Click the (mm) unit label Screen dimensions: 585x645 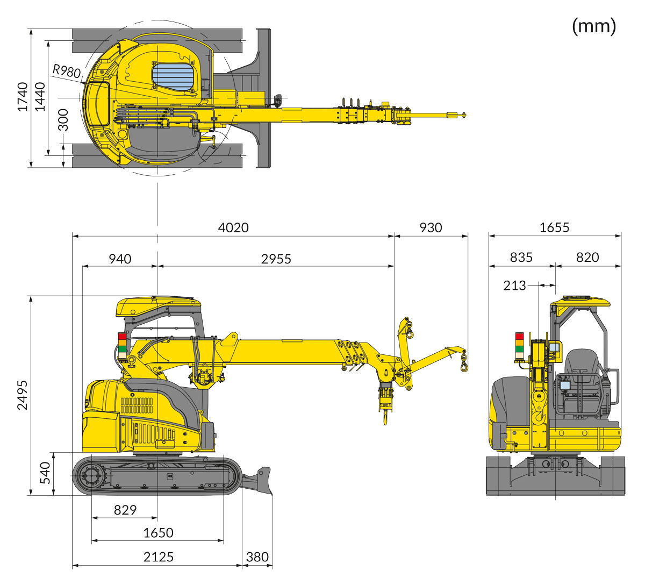(594, 25)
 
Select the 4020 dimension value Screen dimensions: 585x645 (233, 227)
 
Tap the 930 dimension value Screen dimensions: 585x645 (431, 227)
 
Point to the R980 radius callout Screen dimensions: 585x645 (67, 71)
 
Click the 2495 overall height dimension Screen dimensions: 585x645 (23, 395)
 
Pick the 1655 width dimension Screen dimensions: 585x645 (554, 227)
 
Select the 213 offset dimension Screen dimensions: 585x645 (514, 286)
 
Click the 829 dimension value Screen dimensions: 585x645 (125, 510)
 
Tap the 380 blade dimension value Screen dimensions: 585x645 (257, 557)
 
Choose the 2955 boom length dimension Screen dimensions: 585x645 (276, 259)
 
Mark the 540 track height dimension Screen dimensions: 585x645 (46, 473)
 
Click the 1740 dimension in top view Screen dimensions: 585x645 (23, 97)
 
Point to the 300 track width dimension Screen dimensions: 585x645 (63, 119)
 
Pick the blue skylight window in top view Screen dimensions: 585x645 (173, 77)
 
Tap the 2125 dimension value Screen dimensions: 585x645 (159, 557)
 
